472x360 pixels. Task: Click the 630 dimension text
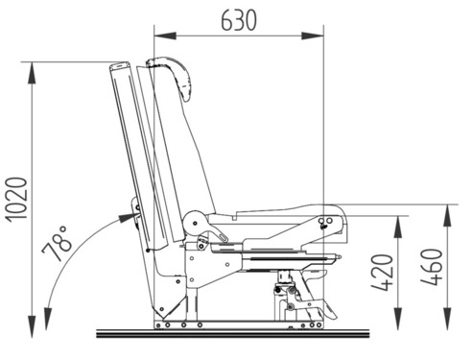click(x=238, y=19)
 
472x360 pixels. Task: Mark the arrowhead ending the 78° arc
click(x=130, y=215)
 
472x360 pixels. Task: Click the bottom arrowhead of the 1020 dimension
click(x=34, y=319)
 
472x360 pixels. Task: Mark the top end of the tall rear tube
click(x=120, y=67)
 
